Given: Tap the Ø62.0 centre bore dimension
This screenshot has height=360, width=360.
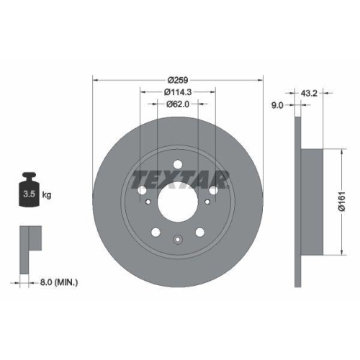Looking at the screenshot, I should pyautogui.click(x=177, y=104).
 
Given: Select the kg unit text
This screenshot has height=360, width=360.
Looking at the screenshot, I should pyautogui.click(x=47, y=194).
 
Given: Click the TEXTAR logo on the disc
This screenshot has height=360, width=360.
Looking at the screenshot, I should pyautogui.click(x=178, y=177).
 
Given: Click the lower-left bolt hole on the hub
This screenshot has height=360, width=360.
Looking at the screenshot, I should pyautogui.click(x=156, y=231).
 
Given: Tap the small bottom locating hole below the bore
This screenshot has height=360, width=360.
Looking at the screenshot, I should pyautogui.click(x=177, y=240).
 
